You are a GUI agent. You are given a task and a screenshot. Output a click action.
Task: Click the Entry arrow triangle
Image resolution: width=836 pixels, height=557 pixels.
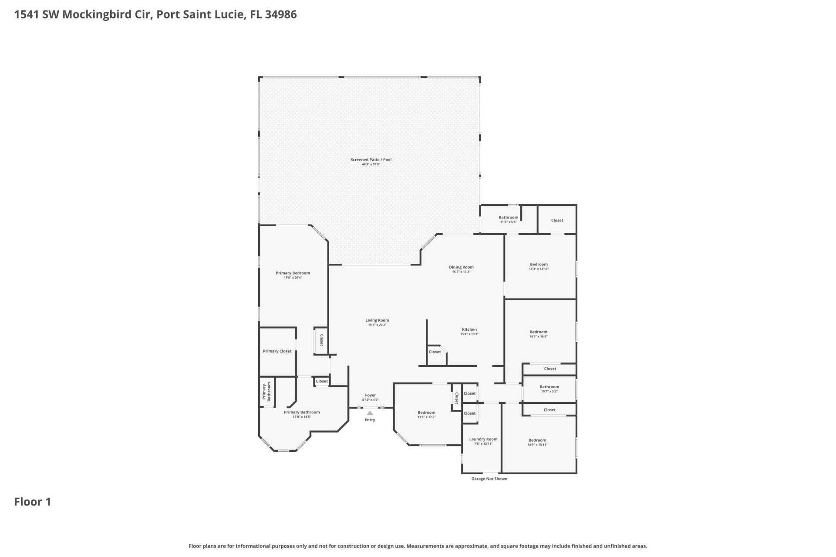(x=370, y=413)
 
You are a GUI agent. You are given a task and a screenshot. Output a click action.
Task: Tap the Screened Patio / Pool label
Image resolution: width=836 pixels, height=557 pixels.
(x=371, y=160)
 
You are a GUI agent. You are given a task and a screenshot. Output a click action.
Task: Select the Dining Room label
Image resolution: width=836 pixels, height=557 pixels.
(x=461, y=267)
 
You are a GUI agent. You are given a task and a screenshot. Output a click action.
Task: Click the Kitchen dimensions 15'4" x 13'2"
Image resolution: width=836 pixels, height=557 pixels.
(x=469, y=334)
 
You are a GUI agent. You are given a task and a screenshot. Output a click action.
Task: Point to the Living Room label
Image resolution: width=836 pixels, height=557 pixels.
(x=377, y=320)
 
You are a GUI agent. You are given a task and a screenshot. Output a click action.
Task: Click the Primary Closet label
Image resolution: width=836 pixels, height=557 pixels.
(x=277, y=351)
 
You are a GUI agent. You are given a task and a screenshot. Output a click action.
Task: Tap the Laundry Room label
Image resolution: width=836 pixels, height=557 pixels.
(x=483, y=439)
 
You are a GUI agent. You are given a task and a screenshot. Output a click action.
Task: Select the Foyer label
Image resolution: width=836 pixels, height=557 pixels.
(x=370, y=395)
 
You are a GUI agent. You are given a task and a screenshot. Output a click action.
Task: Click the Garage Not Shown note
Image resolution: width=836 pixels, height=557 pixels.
(x=489, y=479)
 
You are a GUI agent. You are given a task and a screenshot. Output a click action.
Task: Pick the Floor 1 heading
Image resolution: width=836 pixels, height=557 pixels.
(x=33, y=502)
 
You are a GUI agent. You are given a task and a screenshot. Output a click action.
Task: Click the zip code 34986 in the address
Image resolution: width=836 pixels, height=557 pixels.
(x=281, y=14)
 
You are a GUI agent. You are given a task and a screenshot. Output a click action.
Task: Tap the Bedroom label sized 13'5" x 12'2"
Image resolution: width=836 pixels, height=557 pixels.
(x=426, y=413)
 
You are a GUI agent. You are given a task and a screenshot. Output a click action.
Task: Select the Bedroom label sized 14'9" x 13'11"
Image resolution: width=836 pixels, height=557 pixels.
(x=537, y=440)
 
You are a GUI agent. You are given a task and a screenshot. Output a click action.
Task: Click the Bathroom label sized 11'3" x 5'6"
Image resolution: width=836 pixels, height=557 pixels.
(x=508, y=218)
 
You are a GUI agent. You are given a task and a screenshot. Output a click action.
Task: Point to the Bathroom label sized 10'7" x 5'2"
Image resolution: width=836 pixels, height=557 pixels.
(x=549, y=387)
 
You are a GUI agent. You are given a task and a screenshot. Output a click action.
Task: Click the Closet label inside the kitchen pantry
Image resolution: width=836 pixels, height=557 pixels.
(x=435, y=352)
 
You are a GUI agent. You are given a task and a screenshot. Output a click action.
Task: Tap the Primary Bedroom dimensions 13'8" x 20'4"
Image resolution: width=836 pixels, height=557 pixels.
(x=293, y=278)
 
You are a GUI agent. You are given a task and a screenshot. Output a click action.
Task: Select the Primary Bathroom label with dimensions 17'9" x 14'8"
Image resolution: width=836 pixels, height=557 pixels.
(x=302, y=412)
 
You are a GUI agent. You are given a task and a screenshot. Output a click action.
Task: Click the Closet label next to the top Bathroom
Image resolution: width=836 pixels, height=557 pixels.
(x=557, y=220)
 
